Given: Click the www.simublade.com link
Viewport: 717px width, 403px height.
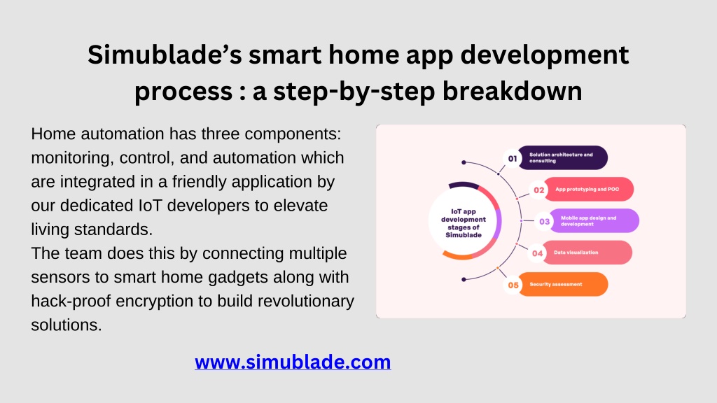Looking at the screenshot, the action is pyautogui.click(x=293, y=362).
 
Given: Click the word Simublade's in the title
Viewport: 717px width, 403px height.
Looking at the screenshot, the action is pyautogui.click(x=165, y=55).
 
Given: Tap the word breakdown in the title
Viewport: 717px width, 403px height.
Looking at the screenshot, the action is pyautogui.click(x=512, y=91).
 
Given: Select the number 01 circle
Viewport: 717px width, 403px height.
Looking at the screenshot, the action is pyautogui.click(x=513, y=159).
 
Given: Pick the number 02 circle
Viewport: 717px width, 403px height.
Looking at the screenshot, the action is pyautogui.click(x=538, y=190).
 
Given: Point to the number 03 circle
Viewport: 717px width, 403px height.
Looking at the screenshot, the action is pyautogui.click(x=544, y=222).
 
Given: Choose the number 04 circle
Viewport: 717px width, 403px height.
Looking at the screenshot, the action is pyautogui.click(x=537, y=253).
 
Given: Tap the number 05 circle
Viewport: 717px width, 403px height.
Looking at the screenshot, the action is pyautogui.click(x=513, y=285).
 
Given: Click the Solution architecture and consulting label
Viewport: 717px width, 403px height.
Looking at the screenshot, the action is pyautogui.click(x=561, y=157).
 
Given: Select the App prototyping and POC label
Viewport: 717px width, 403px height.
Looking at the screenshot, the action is pyautogui.click(x=587, y=189).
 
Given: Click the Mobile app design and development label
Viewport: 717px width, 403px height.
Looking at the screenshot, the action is pyautogui.click(x=588, y=220).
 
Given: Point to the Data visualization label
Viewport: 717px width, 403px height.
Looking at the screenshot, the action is pyautogui.click(x=576, y=252).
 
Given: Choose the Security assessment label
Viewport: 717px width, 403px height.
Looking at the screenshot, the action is pyautogui.click(x=555, y=284).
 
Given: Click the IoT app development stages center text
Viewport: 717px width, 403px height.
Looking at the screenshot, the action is pyautogui.click(x=464, y=223).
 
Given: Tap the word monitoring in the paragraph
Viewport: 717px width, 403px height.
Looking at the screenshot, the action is pyautogui.click(x=73, y=158).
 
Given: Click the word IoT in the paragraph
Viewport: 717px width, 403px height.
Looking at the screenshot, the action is pyautogui.click(x=151, y=206).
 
